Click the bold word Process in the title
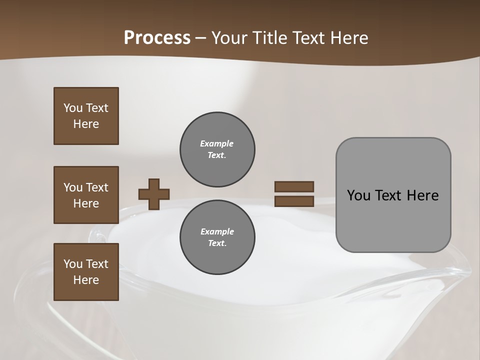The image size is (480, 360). (x=157, y=37)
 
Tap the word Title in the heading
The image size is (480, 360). (x=268, y=37)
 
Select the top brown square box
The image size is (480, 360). (x=86, y=116)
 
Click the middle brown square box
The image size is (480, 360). (x=86, y=195)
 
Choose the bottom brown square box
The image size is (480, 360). (x=86, y=272)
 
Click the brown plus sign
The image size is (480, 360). (x=154, y=194)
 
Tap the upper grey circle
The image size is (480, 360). (x=217, y=149)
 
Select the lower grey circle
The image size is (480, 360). (x=217, y=237)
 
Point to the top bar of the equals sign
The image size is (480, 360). (x=294, y=186)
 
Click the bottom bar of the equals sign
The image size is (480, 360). (x=294, y=201)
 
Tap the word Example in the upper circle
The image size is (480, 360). (x=217, y=143)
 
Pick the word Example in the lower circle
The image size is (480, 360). (x=217, y=231)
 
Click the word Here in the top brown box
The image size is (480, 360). (x=86, y=124)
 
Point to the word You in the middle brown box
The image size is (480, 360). (x=72, y=187)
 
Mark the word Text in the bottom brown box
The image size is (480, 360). (x=96, y=263)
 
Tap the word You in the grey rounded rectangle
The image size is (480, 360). (x=358, y=195)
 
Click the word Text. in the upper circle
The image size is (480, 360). (x=217, y=155)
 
